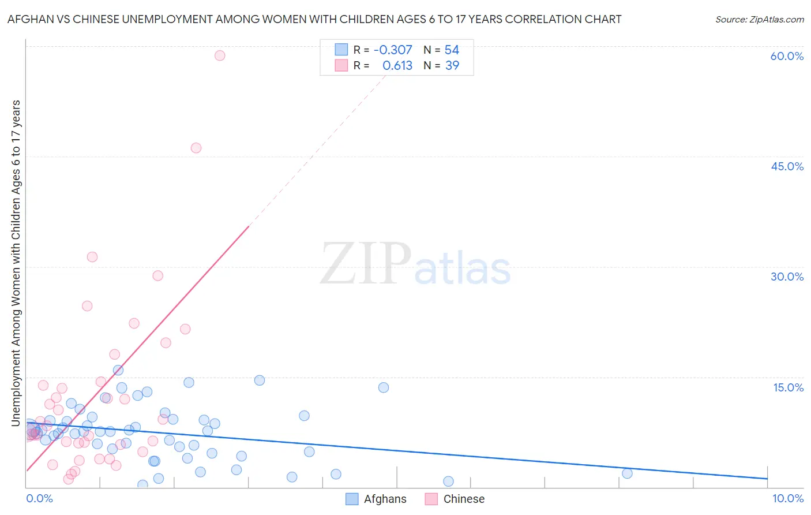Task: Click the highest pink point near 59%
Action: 220,55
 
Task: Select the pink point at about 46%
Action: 196,148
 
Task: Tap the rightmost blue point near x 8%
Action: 628,473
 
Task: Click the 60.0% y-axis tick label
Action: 787,56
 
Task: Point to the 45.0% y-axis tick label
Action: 787,166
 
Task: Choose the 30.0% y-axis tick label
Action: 787,277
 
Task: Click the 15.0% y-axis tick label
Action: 788,387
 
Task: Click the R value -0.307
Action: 393,50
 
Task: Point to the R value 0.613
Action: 397,66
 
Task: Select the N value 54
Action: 452,50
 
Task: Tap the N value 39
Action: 452,66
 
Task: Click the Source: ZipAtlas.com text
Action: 759,20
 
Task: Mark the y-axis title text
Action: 16,263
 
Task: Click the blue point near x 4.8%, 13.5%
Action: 384,387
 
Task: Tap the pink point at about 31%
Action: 92,257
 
